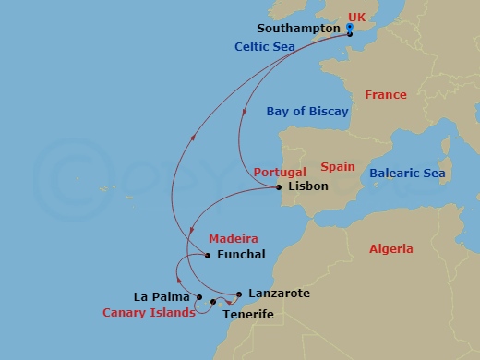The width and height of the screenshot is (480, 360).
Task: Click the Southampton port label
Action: (x=297, y=28)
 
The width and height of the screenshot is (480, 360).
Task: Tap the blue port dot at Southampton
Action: (x=350, y=28)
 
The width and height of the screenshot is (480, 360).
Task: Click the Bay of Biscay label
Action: (x=307, y=112)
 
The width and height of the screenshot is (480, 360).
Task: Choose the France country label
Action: (x=386, y=95)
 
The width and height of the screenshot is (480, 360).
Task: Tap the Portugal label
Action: (x=278, y=172)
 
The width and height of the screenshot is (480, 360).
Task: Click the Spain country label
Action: (x=338, y=167)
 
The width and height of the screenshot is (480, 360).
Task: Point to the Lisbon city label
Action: (x=308, y=186)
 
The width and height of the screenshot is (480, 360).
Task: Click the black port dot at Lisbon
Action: (x=279, y=188)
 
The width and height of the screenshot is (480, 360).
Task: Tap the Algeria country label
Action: (x=391, y=249)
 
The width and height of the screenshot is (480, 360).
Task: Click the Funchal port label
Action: (x=240, y=254)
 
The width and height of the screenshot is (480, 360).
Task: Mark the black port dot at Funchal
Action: (x=208, y=256)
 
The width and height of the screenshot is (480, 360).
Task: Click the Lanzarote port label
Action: (x=277, y=293)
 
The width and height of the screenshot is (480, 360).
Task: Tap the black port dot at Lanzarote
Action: (x=239, y=294)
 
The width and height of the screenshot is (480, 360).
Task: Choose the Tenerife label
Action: (x=249, y=314)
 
